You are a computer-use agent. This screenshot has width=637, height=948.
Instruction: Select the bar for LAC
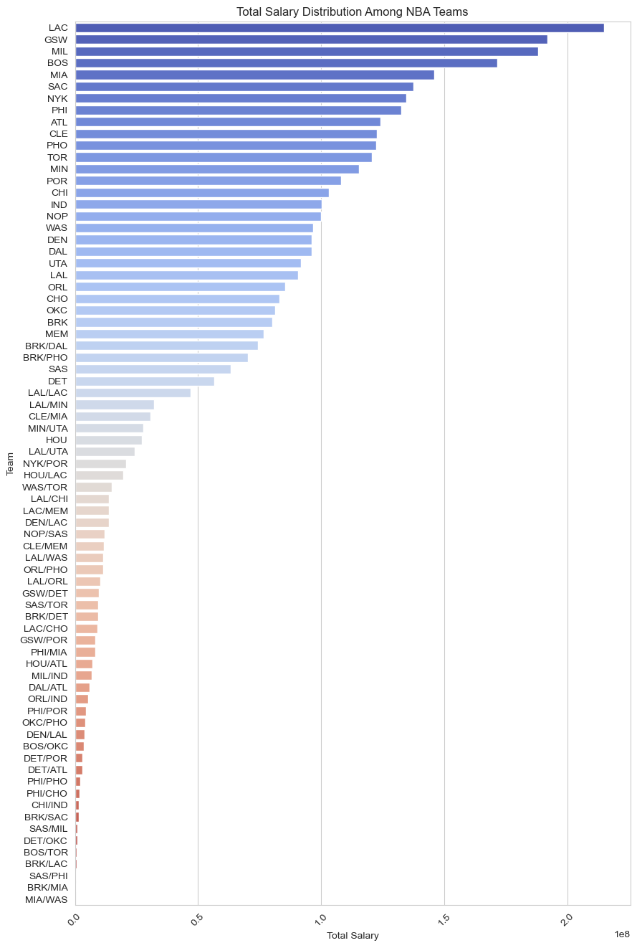coord(339,27)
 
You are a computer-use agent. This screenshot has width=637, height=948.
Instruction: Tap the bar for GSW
coord(311,39)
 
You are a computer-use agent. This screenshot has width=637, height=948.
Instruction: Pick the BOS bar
coord(286,63)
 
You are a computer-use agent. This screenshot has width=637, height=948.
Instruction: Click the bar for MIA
coord(254,75)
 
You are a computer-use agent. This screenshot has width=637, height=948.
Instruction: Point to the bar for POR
coord(208,181)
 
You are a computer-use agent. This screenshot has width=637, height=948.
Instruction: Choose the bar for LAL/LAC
coord(133,392)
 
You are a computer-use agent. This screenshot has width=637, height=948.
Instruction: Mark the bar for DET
coord(144,381)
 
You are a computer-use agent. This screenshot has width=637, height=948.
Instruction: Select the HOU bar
coord(108,440)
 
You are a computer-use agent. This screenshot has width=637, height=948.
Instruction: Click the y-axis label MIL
coord(59,51)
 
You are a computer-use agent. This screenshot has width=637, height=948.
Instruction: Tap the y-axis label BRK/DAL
coord(46,346)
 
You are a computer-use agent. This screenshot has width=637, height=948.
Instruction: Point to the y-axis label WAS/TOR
coord(45,487)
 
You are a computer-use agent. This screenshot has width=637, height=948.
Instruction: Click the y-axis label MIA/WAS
coord(47,899)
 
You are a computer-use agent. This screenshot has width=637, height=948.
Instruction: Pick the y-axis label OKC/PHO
coord(45,722)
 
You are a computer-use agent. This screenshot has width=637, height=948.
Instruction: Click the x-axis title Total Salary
coord(353,936)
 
